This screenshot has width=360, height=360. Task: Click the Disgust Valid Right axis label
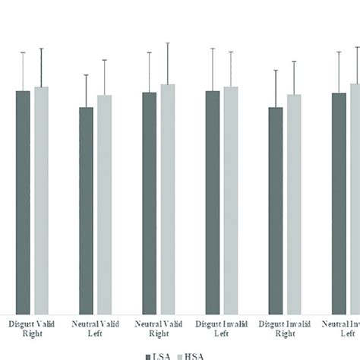(x=32, y=327)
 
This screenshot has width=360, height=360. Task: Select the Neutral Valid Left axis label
(x=95, y=327)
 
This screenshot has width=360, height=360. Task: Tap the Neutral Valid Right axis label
(x=158, y=327)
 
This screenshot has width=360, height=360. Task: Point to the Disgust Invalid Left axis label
(x=222, y=327)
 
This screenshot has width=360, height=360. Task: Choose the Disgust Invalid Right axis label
(x=285, y=327)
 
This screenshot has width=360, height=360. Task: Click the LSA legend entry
(x=156, y=355)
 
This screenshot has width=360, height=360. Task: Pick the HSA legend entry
(x=191, y=355)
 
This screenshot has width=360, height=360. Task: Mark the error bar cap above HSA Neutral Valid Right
(x=168, y=43)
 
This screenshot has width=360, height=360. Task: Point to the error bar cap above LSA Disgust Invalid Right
(x=276, y=71)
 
